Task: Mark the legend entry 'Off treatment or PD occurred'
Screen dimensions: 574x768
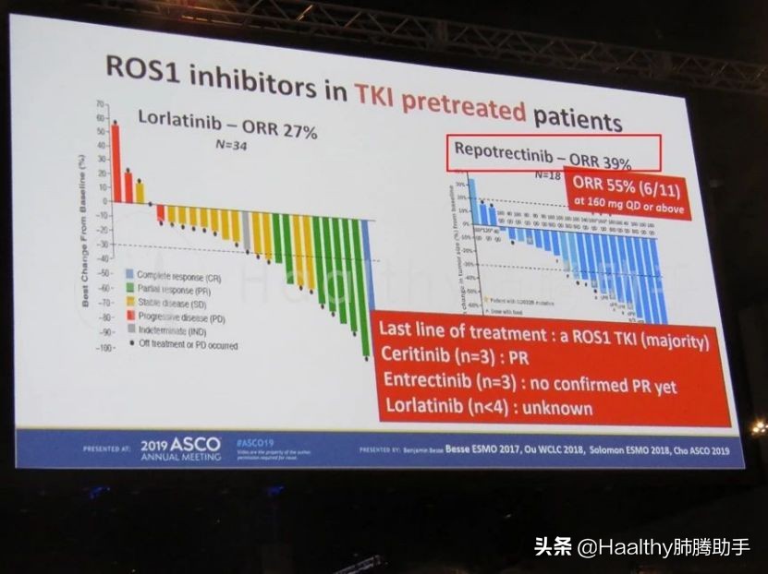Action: click(188, 345)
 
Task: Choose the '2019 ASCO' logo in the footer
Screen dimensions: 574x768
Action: click(180, 445)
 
